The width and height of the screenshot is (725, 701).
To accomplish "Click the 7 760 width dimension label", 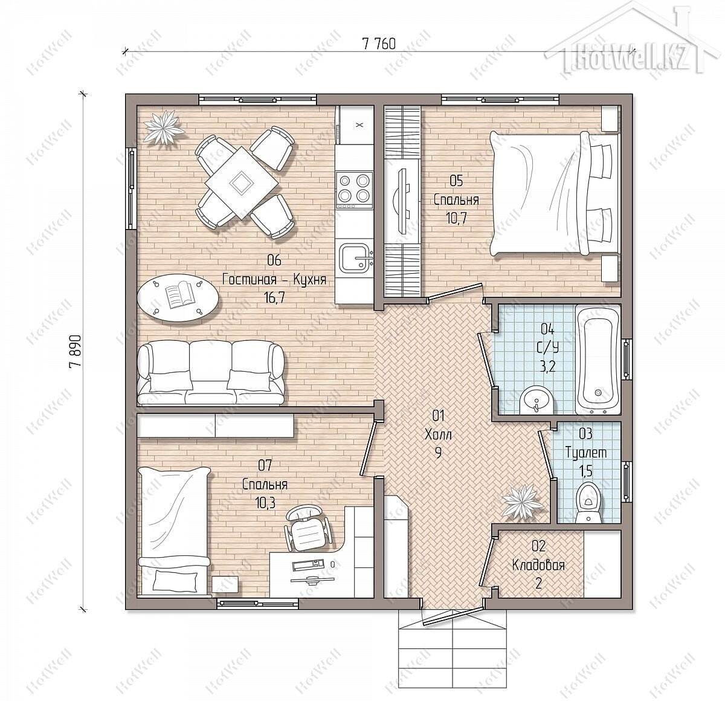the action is tap(378, 44).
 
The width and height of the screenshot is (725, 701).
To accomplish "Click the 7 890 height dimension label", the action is tap(74, 351).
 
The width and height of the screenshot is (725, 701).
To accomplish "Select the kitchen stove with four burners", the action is tap(354, 190).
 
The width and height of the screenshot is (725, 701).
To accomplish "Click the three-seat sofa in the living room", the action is tap(211, 373).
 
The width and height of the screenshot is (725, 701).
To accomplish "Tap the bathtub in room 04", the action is tap(597, 360).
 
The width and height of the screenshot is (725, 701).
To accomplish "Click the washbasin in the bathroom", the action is tap(536, 401).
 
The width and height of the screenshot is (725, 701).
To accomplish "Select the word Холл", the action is tap(438, 434).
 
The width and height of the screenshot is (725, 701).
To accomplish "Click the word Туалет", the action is tap(586, 453).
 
